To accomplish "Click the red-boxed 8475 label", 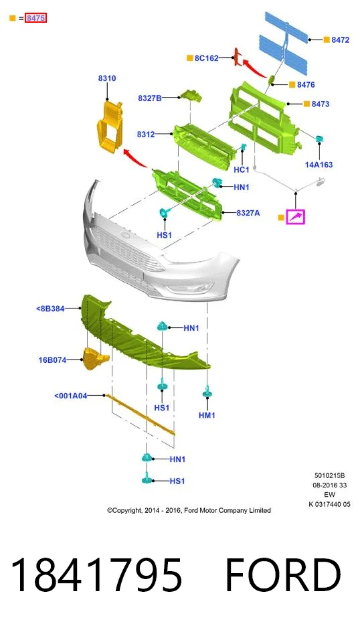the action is pyautogui.click(x=35, y=17).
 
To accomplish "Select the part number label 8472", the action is pyautogui.click(x=340, y=40).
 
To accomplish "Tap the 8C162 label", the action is pyautogui.click(x=207, y=58).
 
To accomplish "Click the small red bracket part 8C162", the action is pyautogui.click(x=237, y=57).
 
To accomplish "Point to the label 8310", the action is pyautogui.click(x=107, y=78).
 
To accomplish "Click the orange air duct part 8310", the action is pyautogui.click(x=109, y=127).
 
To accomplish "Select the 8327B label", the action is pyautogui.click(x=150, y=98).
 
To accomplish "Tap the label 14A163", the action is pyautogui.click(x=319, y=165).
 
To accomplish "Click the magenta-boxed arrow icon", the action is pyautogui.click(x=296, y=217).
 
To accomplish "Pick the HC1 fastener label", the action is pyautogui.click(x=242, y=170).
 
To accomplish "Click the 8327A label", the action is pyautogui.click(x=248, y=213).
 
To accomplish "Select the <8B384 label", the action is pyautogui.click(x=50, y=309).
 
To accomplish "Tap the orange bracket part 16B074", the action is pyautogui.click(x=95, y=359).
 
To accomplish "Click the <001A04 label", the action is pyautogui.click(x=70, y=396).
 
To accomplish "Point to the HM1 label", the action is pyautogui.click(x=207, y=415).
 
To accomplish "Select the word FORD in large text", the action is pyautogui.click(x=283, y=576).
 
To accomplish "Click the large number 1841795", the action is pyautogui.click(x=96, y=576).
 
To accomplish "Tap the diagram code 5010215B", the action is pyautogui.click(x=329, y=476).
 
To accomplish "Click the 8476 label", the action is pyautogui.click(x=306, y=84).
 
